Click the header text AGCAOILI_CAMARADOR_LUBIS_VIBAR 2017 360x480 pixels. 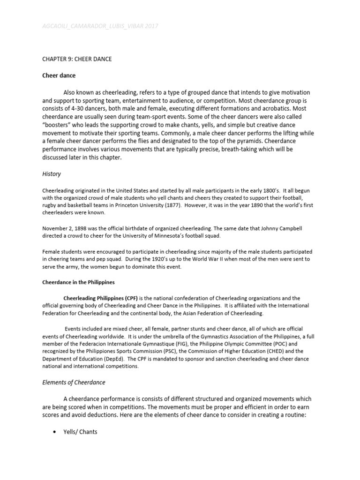pos(100,26)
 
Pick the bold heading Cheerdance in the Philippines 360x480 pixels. pos(79,283)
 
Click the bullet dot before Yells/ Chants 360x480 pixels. pos(55,432)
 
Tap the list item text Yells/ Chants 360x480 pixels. pos(80,432)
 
